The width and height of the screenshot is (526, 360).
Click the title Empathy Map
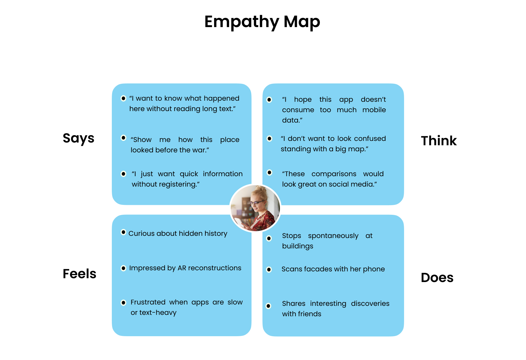coord(262,22)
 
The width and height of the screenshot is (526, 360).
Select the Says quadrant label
coord(78,138)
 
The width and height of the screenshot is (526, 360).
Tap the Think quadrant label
coord(439,141)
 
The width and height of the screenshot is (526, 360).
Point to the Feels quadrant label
coord(79,274)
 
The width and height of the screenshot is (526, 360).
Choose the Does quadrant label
coord(437,277)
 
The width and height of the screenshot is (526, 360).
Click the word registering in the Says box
coord(179,184)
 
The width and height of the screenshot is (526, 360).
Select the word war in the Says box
coord(202,150)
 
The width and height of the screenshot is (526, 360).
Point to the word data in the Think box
coord(291,120)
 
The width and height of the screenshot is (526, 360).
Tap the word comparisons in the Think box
coord(334,174)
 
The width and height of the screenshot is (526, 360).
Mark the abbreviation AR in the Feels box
coord(182,268)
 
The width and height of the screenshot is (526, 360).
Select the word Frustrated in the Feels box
coord(148,302)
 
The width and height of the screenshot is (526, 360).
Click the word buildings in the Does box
coord(297,246)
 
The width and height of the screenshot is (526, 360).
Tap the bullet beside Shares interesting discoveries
coord(268,306)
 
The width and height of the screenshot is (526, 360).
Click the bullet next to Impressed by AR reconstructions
coord(123,268)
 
